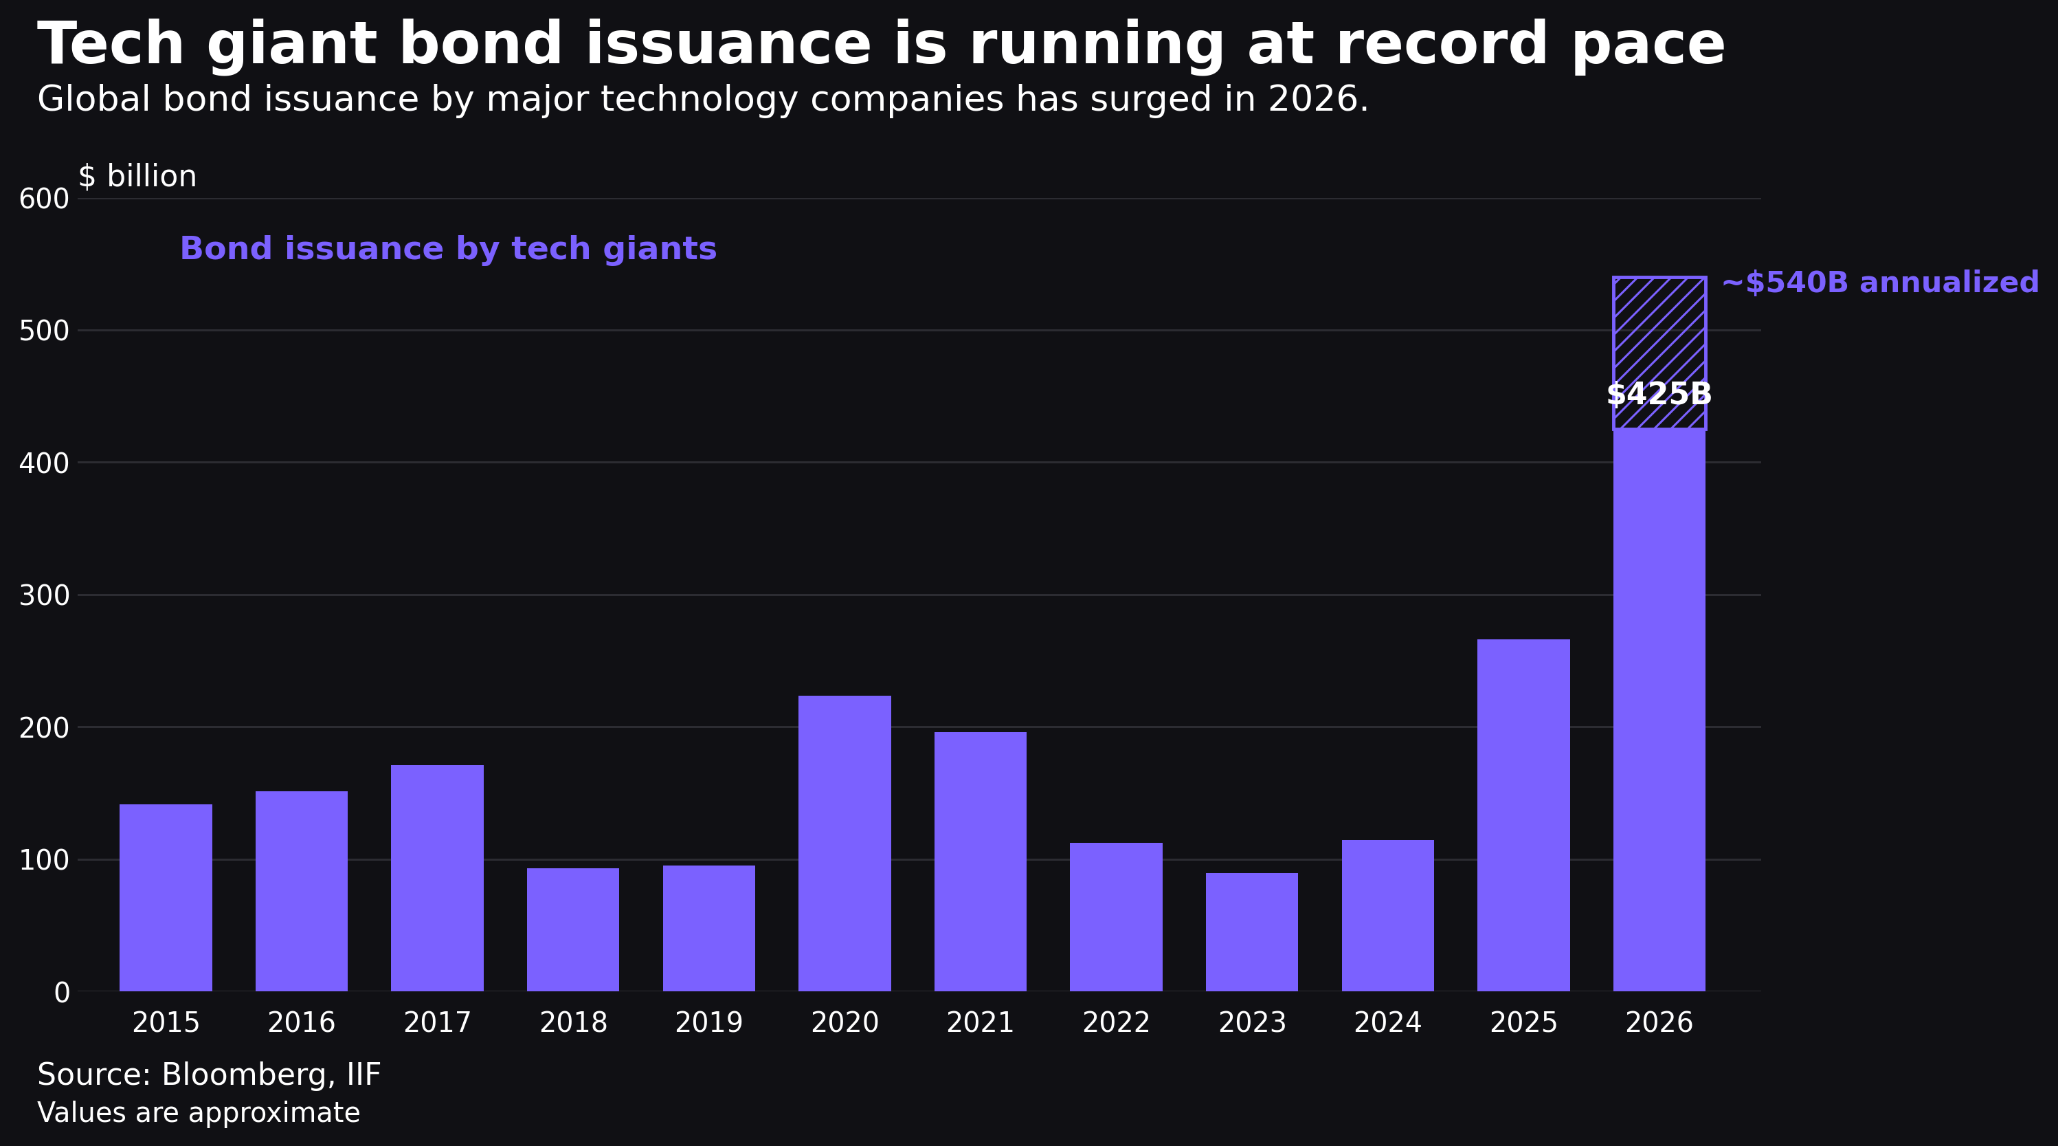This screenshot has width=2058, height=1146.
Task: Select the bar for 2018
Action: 573,929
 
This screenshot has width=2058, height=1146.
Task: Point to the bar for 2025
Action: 1523,815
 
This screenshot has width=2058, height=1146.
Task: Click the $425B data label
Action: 1659,394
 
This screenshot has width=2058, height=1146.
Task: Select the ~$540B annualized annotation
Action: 1881,283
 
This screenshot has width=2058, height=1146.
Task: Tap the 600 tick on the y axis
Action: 44,199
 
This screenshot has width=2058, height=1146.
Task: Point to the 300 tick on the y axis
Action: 44,595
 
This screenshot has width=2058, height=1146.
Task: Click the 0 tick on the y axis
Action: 62,993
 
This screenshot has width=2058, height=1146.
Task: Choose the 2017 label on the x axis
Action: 437,1023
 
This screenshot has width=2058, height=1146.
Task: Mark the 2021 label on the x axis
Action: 981,1023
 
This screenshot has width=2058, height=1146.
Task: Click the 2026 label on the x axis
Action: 1659,1023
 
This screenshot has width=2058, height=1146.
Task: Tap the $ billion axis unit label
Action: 137,177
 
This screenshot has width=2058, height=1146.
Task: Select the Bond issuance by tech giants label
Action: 448,250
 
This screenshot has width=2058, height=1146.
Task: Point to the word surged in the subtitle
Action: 1152,100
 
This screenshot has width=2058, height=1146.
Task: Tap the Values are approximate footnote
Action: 199,1113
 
